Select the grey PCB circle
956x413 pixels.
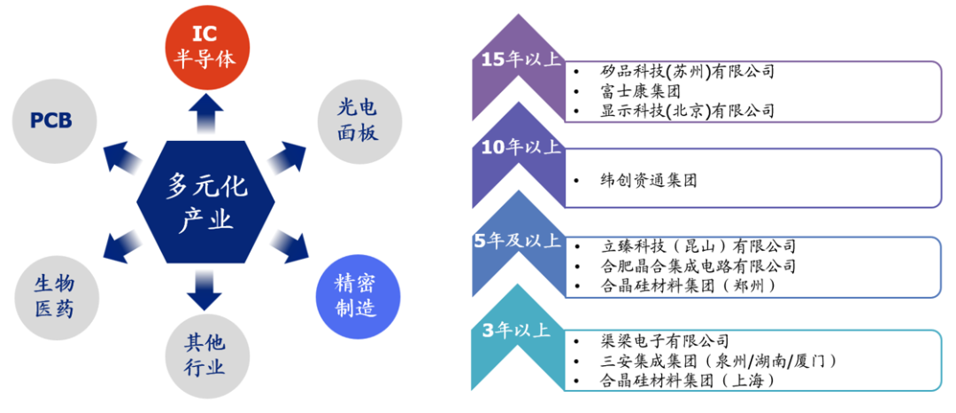[50, 121]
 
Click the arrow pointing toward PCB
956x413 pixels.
[123, 155]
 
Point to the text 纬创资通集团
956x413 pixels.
[647, 180]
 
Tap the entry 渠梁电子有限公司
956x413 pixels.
[664, 340]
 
